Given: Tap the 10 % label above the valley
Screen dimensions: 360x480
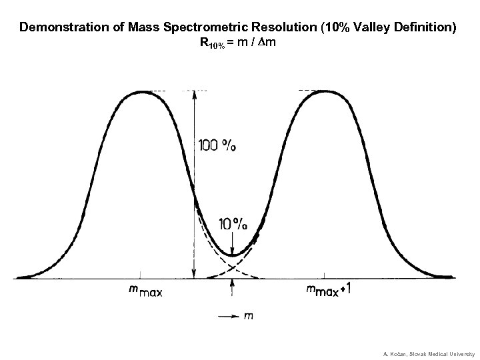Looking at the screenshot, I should point(233,224).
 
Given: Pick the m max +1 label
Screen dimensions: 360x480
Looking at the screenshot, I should point(329,289).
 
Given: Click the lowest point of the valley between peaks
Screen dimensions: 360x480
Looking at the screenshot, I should point(232,255).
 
